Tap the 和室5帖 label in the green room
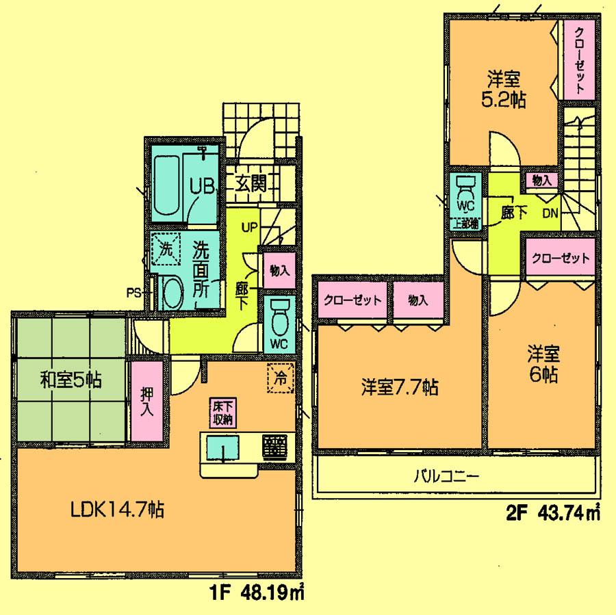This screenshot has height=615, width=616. click(61, 379)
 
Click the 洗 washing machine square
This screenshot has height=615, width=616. click(165, 248)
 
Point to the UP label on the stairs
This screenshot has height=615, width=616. click(248, 226)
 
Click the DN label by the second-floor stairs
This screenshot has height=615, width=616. click(550, 213)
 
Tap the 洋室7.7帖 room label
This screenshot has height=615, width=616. click(400, 388)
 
